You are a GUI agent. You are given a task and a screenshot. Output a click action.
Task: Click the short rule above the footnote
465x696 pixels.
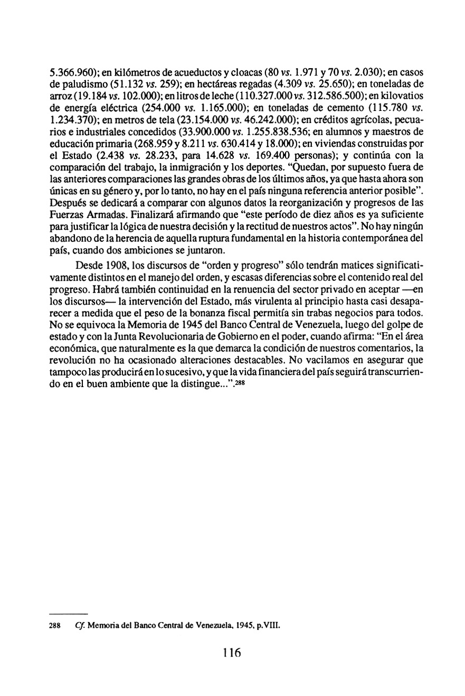68,614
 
